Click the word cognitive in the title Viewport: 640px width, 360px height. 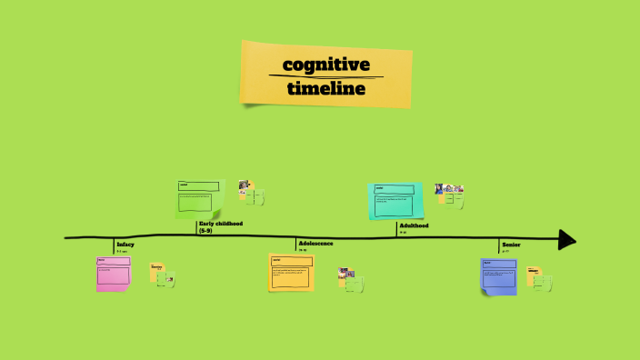point(325,65)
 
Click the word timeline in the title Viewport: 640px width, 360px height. point(325,88)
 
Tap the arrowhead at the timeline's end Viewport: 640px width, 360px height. point(566,239)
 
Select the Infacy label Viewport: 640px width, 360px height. point(125,244)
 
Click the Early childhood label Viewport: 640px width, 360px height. point(221,224)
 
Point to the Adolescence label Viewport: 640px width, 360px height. point(315,243)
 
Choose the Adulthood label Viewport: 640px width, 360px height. point(414,225)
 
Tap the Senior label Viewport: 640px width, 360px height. point(511,244)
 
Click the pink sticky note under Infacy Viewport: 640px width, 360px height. point(114,274)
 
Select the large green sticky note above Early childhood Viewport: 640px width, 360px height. point(199,198)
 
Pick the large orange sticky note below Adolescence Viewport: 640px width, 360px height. point(291,272)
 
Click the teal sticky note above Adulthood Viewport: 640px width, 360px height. point(395,201)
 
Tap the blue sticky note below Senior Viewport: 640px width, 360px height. point(498,276)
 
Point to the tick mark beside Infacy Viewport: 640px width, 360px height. point(114,245)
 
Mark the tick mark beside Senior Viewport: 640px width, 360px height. point(499,245)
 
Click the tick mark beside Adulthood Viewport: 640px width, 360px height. point(396,229)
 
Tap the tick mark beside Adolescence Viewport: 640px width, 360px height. point(295,243)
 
